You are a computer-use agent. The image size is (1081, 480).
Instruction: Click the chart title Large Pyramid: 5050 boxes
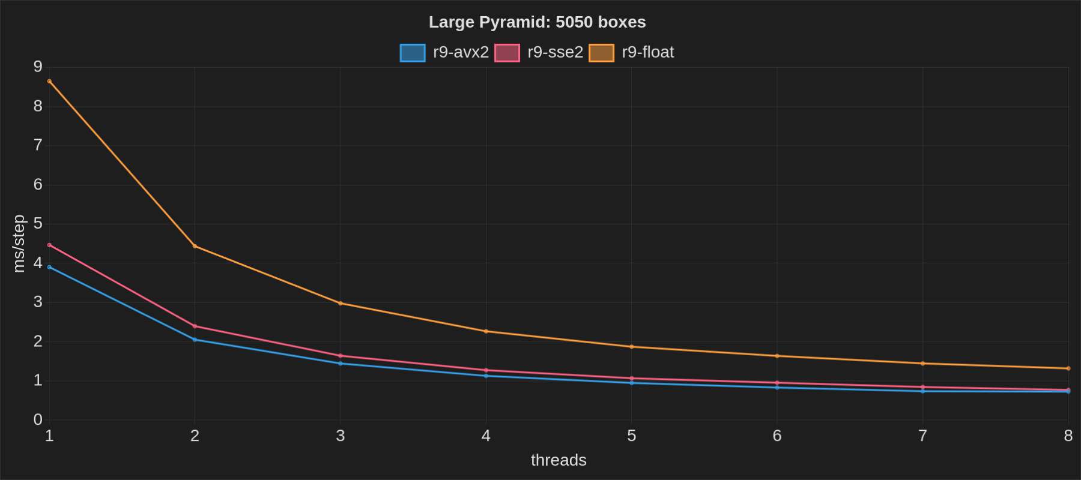[x=537, y=22]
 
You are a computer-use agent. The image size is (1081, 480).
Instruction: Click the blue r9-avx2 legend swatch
[x=413, y=53]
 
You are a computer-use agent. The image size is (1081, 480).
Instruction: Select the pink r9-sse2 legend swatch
[x=507, y=53]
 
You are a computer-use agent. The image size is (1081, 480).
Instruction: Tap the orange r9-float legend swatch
[x=601, y=53]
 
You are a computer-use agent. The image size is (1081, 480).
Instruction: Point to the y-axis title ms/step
[x=19, y=244]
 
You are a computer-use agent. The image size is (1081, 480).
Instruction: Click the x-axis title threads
[x=559, y=460]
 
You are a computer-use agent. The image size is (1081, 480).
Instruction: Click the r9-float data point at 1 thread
[x=49, y=81]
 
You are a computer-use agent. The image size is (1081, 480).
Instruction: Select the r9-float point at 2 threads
[x=195, y=246]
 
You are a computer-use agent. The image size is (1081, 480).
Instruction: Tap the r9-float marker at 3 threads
[x=341, y=303]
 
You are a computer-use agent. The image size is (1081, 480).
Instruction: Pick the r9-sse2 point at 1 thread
[x=49, y=245]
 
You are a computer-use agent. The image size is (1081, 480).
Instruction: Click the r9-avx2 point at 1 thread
[x=49, y=267]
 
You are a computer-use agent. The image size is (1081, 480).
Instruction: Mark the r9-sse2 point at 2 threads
[x=195, y=326]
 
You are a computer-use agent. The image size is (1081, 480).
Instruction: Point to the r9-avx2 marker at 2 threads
[x=195, y=340]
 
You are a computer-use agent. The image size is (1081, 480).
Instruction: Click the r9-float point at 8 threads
[x=1068, y=368]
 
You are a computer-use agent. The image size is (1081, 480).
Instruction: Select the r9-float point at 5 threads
[x=631, y=347]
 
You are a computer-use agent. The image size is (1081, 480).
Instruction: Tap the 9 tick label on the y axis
[x=38, y=67]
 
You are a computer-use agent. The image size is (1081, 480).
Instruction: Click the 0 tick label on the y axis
[x=38, y=419]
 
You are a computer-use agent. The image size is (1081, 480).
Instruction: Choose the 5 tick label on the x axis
[x=631, y=436]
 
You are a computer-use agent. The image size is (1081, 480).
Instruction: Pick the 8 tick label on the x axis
[x=1068, y=436]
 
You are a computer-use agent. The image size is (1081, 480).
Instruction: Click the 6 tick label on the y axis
[x=38, y=185]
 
